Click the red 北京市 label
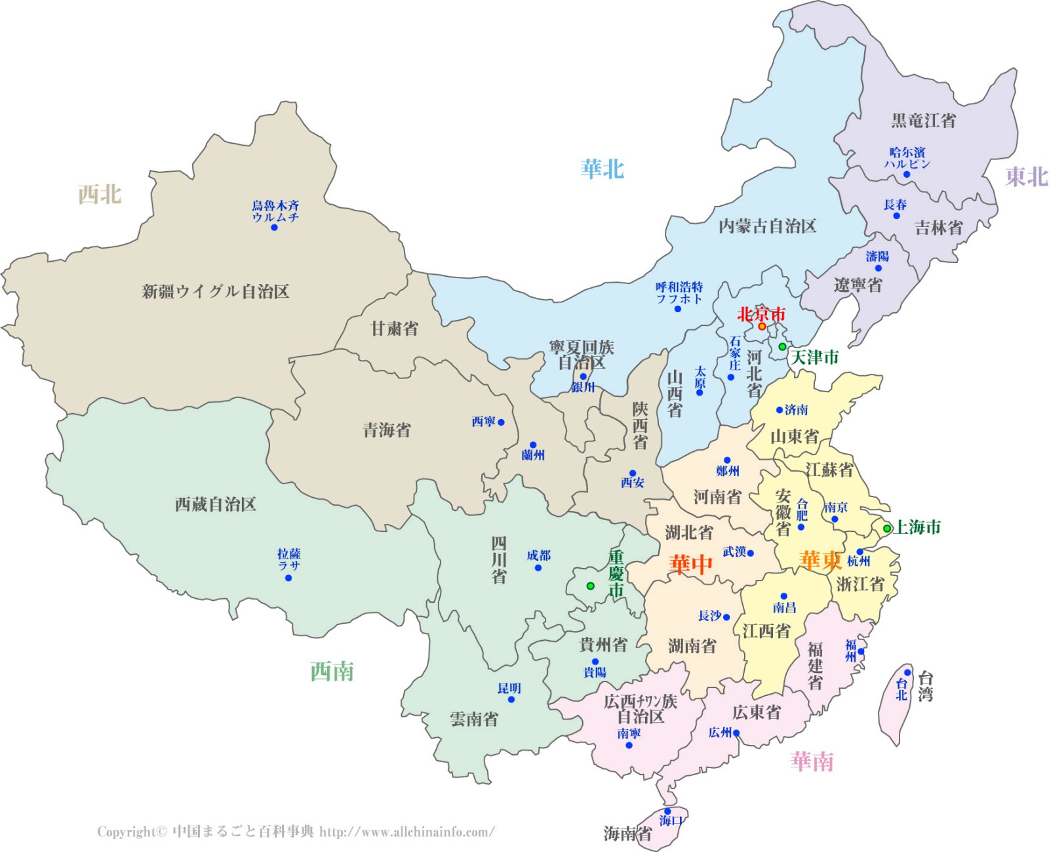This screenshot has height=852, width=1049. pyautogui.click(x=761, y=314)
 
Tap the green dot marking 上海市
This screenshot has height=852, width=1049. pyautogui.click(x=887, y=529)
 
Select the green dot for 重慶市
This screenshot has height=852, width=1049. pyautogui.click(x=590, y=586)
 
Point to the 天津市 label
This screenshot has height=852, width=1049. pyautogui.click(x=815, y=357)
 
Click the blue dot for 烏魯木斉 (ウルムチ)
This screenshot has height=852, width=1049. pyautogui.click(x=274, y=228)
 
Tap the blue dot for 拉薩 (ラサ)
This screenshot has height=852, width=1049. pyautogui.click(x=288, y=578)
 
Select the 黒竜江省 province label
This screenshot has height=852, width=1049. pyautogui.click(x=923, y=121)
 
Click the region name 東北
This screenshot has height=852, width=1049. pyautogui.click(x=1027, y=176)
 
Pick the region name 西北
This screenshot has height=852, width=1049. pyautogui.click(x=100, y=194)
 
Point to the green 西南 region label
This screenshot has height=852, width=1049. pyautogui.click(x=332, y=672)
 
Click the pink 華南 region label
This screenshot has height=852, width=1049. pyautogui.click(x=812, y=761)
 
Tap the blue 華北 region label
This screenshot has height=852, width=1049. pyautogui.click(x=602, y=169)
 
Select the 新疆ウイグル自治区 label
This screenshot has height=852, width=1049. pyautogui.click(x=216, y=291)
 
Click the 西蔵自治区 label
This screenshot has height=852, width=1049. pyautogui.click(x=215, y=504)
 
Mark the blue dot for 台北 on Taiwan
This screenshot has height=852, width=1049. pyautogui.click(x=907, y=672)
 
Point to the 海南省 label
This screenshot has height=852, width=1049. pyautogui.click(x=627, y=834)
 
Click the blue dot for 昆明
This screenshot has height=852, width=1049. pyautogui.click(x=511, y=700)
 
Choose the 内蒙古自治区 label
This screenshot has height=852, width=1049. pyautogui.click(x=767, y=226)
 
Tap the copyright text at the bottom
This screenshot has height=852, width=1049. pyautogui.click(x=296, y=832)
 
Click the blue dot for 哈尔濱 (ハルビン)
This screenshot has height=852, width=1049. pyautogui.click(x=907, y=174)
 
